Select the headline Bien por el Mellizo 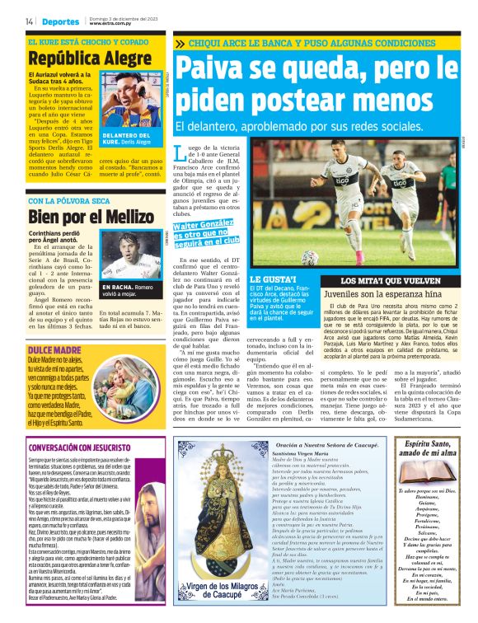point(78,218)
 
